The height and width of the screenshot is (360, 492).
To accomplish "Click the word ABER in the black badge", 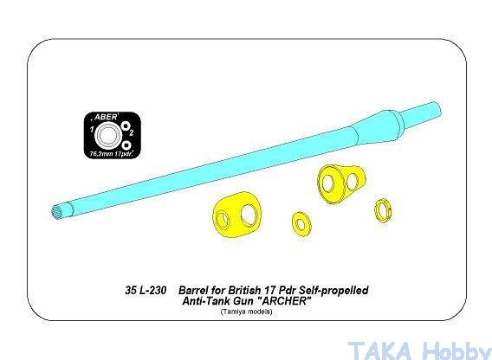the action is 106,117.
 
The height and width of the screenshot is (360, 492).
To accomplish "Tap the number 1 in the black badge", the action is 92,129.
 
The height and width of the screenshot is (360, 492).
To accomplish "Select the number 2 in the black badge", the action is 132,132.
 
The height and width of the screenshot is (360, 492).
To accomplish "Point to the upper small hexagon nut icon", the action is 126,125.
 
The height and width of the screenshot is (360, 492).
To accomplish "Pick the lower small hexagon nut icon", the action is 126,145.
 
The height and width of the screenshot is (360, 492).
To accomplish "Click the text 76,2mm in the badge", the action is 99,154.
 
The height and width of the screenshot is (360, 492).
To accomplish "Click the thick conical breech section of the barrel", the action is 376,127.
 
